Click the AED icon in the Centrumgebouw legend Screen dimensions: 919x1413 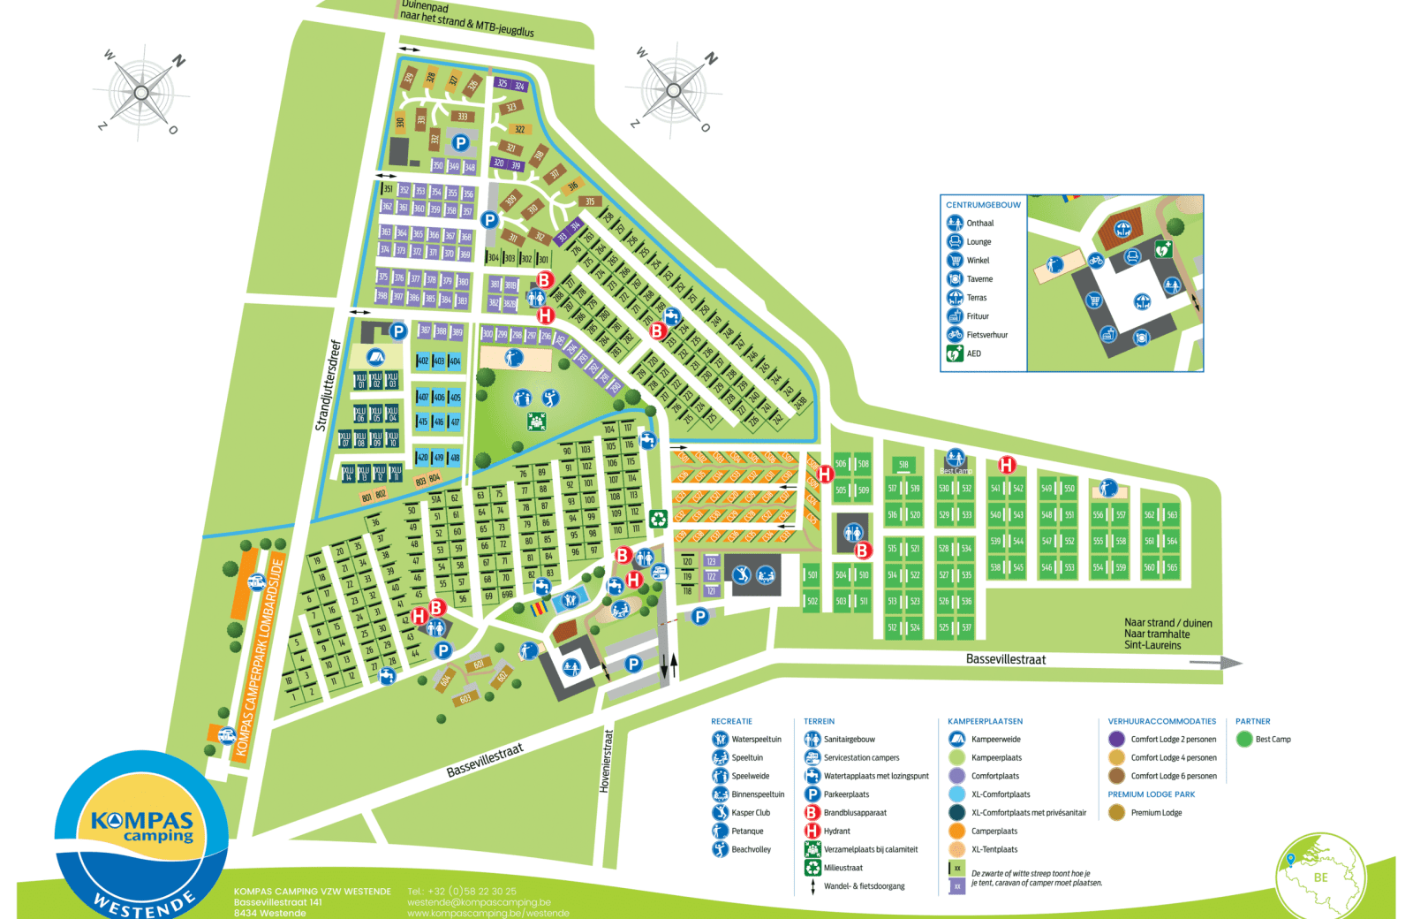click(955, 353)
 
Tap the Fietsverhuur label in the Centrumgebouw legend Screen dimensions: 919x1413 click(986, 335)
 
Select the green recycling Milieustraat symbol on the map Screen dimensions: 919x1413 click(658, 519)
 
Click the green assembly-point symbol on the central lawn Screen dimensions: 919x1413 click(536, 422)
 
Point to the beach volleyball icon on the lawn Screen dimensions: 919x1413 click(551, 398)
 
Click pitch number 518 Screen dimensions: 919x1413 click(903, 464)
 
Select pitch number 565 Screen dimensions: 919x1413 click(1172, 567)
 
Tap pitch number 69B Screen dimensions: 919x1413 click(507, 596)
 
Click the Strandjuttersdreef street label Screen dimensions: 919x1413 click(327, 385)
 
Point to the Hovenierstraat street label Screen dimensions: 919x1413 click(606, 760)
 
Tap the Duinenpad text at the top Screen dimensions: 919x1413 click(425, 6)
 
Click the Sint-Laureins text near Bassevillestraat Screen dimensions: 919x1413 click(1152, 645)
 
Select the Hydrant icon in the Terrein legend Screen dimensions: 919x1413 click(812, 831)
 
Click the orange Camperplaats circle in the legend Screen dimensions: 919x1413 click(956, 831)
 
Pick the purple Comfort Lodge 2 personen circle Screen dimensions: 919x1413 click(1116, 739)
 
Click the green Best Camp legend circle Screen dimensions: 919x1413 click(1244, 739)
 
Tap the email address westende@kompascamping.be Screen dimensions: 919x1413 click(479, 902)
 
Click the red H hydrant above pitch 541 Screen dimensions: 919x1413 click(1006, 464)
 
